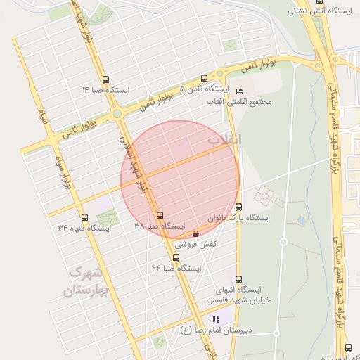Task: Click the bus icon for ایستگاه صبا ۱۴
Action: [105, 79]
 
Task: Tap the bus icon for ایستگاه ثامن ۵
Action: [204, 79]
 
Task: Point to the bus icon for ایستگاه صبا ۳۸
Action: [160, 216]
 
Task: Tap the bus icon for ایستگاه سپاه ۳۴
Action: [85, 217]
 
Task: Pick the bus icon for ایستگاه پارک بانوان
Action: [238, 207]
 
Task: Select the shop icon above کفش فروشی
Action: [195, 233]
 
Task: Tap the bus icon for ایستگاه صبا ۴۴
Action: [176, 257]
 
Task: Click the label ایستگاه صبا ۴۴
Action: [176, 269]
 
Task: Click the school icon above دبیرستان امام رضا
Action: [215, 319]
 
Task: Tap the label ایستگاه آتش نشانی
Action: [316, 12]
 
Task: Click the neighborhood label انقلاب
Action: [224, 141]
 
